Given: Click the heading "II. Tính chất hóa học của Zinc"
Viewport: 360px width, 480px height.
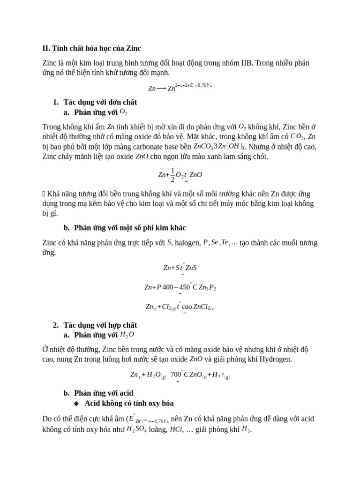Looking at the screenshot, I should (x=91, y=48).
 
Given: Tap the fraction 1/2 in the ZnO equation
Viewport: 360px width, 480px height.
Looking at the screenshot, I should (x=172, y=174).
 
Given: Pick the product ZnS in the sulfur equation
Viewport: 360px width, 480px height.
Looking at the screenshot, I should (x=191, y=268).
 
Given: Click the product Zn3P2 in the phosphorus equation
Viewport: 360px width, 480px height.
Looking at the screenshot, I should (x=207, y=287).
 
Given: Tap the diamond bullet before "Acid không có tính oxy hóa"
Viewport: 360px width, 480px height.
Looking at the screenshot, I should (x=77, y=403).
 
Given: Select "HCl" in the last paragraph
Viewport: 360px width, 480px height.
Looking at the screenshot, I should (x=176, y=429).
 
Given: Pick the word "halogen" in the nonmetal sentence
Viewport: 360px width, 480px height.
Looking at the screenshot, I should (x=187, y=243).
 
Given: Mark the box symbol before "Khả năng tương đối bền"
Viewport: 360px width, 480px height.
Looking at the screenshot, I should (x=44, y=194).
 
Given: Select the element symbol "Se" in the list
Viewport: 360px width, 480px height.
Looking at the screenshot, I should (x=215, y=242).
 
